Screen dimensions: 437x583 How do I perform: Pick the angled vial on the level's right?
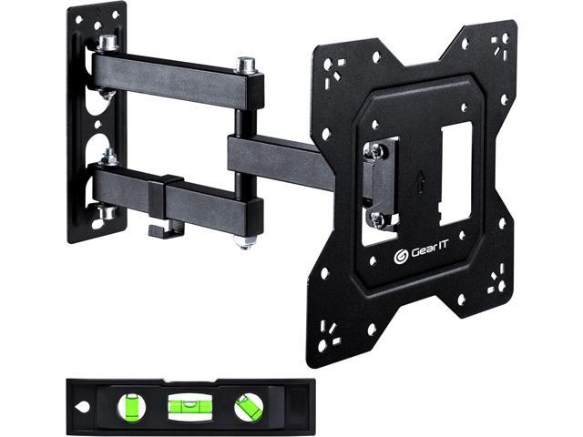pos(246,407)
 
